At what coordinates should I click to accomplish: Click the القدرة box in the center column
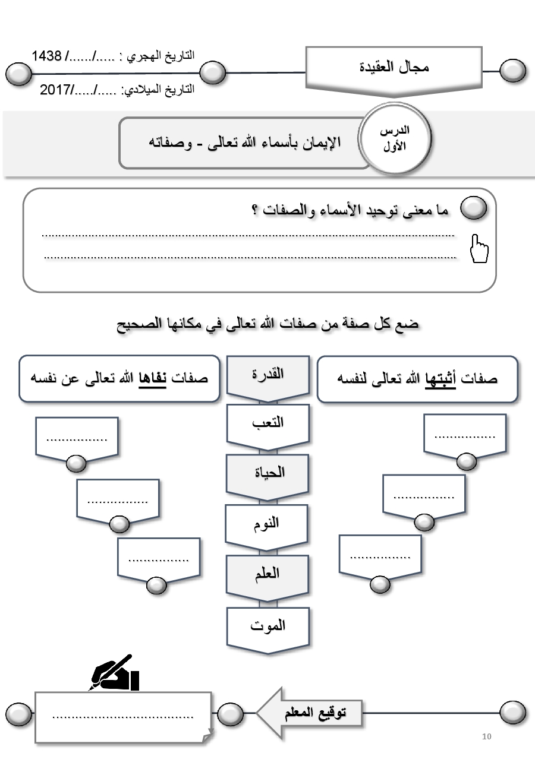(x=267, y=375)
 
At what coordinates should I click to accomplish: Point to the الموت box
(x=267, y=625)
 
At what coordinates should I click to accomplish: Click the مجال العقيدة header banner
(x=394, y=68)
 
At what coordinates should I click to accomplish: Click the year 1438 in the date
(x=47, y=56)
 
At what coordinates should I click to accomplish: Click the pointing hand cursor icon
(x=479, y=248)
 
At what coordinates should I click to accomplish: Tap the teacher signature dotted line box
(x=123, y=717)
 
